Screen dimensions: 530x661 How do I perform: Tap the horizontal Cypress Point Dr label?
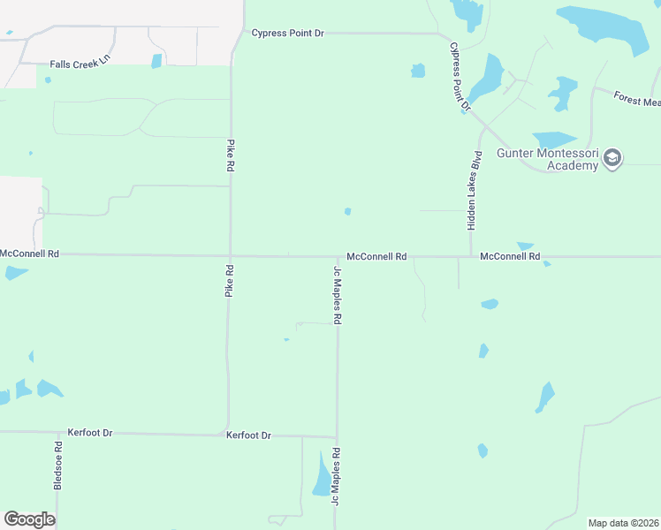click(x=288, y=34)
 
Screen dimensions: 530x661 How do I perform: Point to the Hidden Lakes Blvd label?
click(x=475, y=190)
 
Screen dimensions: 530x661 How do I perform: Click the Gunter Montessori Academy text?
click(x=547, y=159)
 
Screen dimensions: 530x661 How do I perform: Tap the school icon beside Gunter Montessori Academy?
click(x=612, y=159)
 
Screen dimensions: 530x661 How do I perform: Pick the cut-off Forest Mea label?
click(x=636, y=101)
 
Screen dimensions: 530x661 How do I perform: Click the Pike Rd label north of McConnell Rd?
click(x=231, y=155)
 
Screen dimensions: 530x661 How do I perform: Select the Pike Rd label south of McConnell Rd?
click(x=229, y=280)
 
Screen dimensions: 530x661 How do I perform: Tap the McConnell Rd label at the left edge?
click(x=29, y=254)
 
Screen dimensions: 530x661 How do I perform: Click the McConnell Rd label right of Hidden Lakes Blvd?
click(x=510, y=256)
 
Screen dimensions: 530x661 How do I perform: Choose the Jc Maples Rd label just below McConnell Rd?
click(x=337, y=295)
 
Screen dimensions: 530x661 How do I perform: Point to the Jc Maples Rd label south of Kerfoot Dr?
click(x=336, y=476)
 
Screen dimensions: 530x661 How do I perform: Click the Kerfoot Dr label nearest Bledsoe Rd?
click(x=90, y=433)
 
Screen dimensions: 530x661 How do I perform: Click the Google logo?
click(x=29, y=519)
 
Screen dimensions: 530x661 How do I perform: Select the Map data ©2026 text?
click(x=623, y=523)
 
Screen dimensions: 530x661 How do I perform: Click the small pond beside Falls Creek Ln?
click(x=156, y=61)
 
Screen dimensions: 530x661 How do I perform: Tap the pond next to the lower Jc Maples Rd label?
click(x=321, y=478)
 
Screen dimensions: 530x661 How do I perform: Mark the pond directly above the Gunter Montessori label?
click(x=554, y=140)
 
